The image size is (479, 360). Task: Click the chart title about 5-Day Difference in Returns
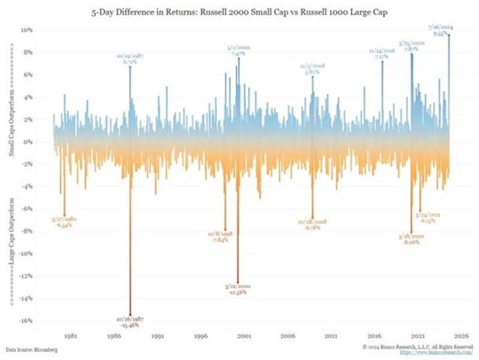239,11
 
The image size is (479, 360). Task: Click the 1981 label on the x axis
69,337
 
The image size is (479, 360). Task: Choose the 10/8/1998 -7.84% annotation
220,237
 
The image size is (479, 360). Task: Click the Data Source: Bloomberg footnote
31,349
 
